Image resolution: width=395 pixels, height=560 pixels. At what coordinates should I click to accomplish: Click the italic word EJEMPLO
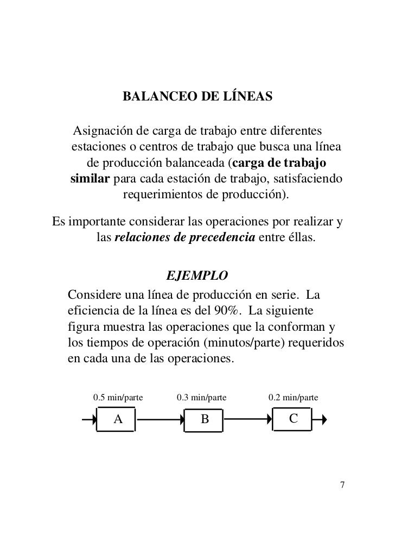point(197,275)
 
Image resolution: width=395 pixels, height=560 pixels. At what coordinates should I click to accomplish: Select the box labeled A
point(117,419)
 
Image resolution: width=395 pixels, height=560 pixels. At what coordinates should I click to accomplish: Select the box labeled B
point(205,419)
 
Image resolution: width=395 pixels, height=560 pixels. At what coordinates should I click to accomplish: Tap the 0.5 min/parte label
point(118,398)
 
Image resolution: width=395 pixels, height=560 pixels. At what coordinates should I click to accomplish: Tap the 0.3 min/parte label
point(202,398)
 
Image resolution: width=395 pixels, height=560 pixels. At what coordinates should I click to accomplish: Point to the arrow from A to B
point(161,419)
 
